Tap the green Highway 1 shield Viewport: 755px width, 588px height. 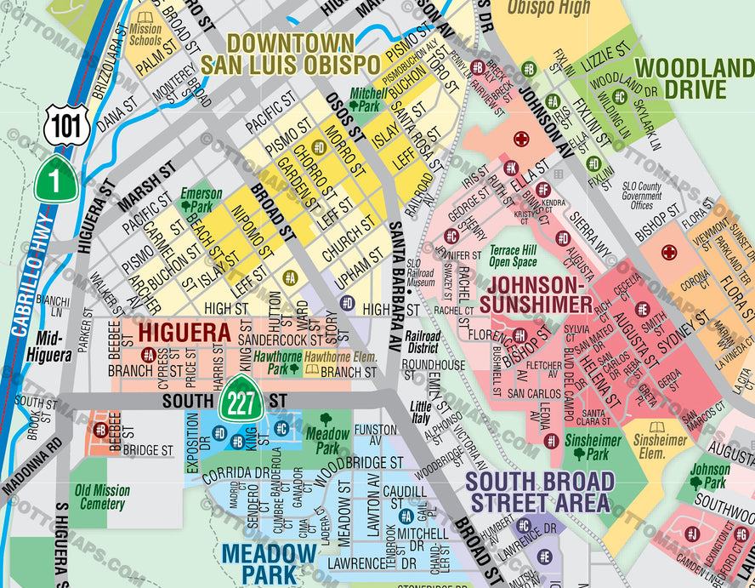[x=55, y=180]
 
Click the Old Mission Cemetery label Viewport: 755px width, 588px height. [x=102, y=497]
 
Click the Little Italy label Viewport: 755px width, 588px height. [x=421, y=412]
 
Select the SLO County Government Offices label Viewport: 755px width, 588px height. [x=641, y=196]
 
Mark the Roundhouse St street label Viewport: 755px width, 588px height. [x=433, y=365]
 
